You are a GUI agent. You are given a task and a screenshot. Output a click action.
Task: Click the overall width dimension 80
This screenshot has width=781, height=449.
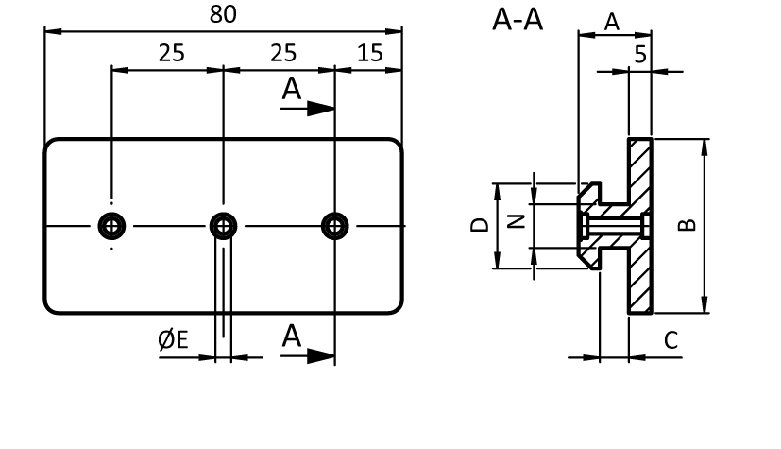[x=223, y=14]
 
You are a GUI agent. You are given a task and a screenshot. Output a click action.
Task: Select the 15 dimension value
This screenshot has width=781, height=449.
[x=369, y=53]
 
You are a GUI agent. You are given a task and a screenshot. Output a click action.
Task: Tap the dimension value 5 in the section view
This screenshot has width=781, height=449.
[x=640, y=55]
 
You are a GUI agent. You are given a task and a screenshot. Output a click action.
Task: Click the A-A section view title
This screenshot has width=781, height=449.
[x=517, y=20]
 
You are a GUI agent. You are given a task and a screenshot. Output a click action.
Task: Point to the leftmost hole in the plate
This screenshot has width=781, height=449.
[x=112, y=225]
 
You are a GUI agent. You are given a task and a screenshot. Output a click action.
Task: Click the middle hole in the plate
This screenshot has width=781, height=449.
[x=224, y=225]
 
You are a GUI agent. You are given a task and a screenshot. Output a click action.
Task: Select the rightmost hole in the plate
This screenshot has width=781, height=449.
[x=334, y=225]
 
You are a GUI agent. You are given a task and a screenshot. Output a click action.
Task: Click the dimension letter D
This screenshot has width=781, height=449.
[x=479, y=225]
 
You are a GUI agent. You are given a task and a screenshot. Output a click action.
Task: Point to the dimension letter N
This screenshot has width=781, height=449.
[x=515, y=222]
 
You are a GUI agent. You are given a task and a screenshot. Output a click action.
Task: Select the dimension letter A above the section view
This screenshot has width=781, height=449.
[x=611, y=22]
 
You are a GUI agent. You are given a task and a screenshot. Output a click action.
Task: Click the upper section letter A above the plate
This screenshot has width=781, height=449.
[x=291, y=90]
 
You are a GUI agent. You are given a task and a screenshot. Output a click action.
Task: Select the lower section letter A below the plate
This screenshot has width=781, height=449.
[x=291, y=337]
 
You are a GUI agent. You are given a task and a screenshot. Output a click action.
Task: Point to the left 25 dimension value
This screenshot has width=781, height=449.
[x=171, y=53]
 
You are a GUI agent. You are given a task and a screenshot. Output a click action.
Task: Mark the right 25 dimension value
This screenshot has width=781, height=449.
[x=282, y=53]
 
